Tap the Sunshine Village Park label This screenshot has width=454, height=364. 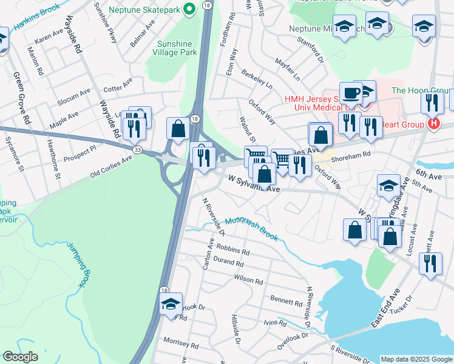tap(177, 48)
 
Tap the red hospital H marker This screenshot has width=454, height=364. tap(433, 124)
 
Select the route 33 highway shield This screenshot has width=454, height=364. tap(138, 149)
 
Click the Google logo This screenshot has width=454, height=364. tap(20, 356)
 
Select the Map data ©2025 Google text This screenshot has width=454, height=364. tap(416, 359)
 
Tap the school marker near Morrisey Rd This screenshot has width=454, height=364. tap(171, 304)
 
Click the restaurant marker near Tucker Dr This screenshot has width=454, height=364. tap(430, 263)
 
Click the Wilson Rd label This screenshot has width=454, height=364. tap(248, 281)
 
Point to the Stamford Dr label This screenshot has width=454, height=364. tap(309, 49)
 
